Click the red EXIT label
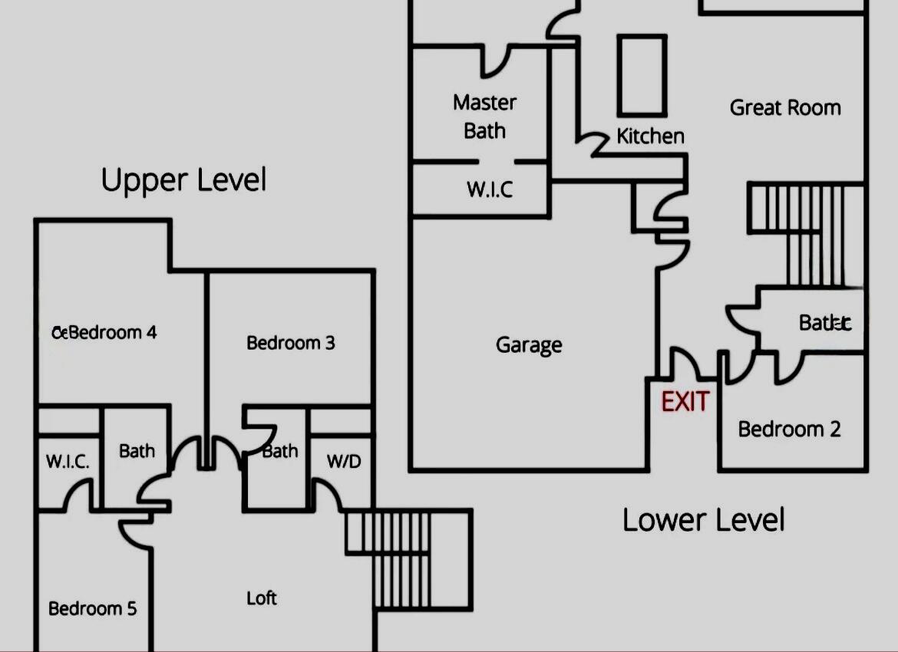[x=685, y=401]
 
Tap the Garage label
[x=529, y=345]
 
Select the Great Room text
[x=785, y=107]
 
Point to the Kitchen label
[x=650, y=137]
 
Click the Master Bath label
[x=484, y=117]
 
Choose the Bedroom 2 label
[x=789, y=429]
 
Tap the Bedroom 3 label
[x=290, y=343]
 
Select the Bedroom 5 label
[x=92, y=608]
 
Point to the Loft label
[x=262, y=598]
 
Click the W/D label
[x=343, y=462]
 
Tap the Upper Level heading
[x=183, y=180]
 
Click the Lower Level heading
[x=703, y=520]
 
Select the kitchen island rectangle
[x=642, y=75]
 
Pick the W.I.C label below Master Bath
[x=490, y=189]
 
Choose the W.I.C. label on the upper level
[x=68, y=462]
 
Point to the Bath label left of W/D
[x=279, y=451]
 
